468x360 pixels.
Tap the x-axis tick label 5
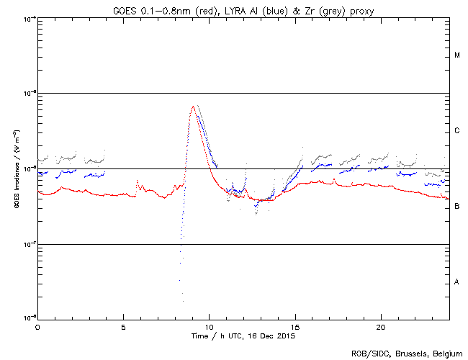click(123, 326)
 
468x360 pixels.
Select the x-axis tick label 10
click(209, 326)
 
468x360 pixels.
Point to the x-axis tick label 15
click(294, 326)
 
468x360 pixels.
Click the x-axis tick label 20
click(380, 326)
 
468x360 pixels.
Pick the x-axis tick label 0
click(37, 326)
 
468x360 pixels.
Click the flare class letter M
click(457, 55)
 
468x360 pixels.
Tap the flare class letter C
click(457, 131)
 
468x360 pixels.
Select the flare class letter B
click(457, 207)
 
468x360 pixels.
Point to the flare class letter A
click(457, 282)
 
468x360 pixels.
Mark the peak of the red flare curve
click(193, 107)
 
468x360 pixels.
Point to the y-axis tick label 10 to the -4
click(30, 18)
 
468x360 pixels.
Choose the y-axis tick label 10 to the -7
click(30, 244)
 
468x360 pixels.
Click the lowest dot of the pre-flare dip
click(183, 301)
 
